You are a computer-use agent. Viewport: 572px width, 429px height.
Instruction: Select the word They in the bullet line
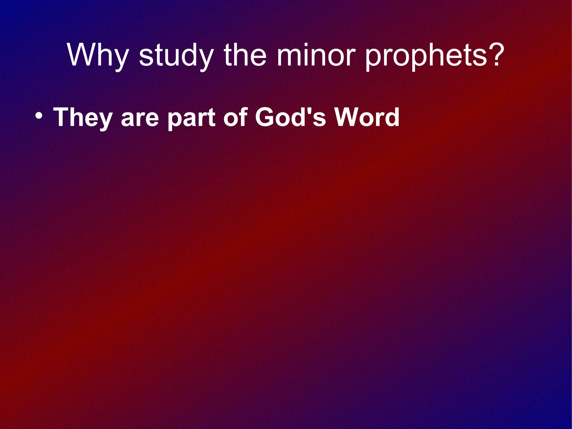point(83,117)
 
